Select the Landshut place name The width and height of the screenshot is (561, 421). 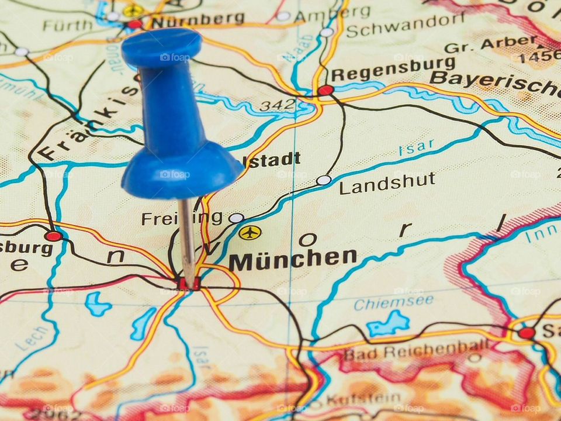(387, 183)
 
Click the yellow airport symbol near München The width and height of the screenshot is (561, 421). (250, 233)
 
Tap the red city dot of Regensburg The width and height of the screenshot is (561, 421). (325, 90)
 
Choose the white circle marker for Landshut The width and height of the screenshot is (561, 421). (323, 180)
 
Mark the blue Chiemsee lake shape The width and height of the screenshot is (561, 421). (389, 323)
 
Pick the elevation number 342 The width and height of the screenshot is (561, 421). (278, 106)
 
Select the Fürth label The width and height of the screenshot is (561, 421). (67, 25)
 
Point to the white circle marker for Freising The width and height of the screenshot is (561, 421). (236, 218)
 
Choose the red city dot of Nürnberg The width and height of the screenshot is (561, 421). (135, 24)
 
